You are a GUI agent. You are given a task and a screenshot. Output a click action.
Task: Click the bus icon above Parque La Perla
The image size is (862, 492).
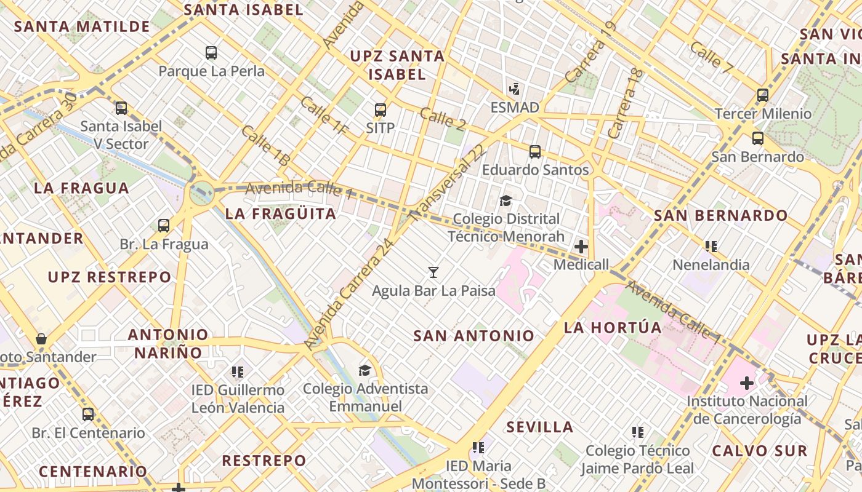click(x=211, y=53)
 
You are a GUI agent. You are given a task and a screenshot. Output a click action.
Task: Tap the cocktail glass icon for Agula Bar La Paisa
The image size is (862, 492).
click(x=433, y=272)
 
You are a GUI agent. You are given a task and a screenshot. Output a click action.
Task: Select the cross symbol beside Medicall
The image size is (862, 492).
click(x=581, y=247)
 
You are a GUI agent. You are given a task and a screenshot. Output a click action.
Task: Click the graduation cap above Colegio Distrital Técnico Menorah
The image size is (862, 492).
click(x=506, y=200)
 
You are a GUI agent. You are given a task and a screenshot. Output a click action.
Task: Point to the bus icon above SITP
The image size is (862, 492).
click(x=381, y=110)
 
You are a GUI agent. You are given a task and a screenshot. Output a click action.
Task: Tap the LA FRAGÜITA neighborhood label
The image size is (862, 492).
click(x=281, y=213)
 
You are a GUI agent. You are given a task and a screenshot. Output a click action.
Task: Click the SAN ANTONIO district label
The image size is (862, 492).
click(x=473, y=336)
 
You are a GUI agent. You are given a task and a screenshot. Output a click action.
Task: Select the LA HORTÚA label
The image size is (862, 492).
click(x=604, y=327)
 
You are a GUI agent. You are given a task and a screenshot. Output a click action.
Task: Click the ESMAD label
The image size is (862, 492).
click(x=515, y=108)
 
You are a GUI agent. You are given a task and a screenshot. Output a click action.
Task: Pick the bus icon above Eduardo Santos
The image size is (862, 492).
click(x=535, y=151)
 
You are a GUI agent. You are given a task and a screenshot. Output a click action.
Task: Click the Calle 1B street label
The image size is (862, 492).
click(x=265, y=146)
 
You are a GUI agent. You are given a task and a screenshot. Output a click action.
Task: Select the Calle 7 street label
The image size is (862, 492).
click(x=711, y=57)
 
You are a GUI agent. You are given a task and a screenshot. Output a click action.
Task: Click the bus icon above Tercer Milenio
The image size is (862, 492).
click(x=763, y=95)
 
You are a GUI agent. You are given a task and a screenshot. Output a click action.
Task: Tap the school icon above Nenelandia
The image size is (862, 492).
click(x=711, y=247)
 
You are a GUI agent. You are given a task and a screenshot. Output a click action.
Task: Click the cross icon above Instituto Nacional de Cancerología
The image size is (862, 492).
click(x=747, y=383)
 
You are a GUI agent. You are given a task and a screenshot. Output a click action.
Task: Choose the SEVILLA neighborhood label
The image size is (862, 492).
click(x=540, y=427)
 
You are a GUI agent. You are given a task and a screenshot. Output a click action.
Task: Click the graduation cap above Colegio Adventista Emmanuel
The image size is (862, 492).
click(x=365, y=370)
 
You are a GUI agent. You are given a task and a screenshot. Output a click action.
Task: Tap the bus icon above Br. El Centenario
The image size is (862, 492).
click(x=88, y=414)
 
